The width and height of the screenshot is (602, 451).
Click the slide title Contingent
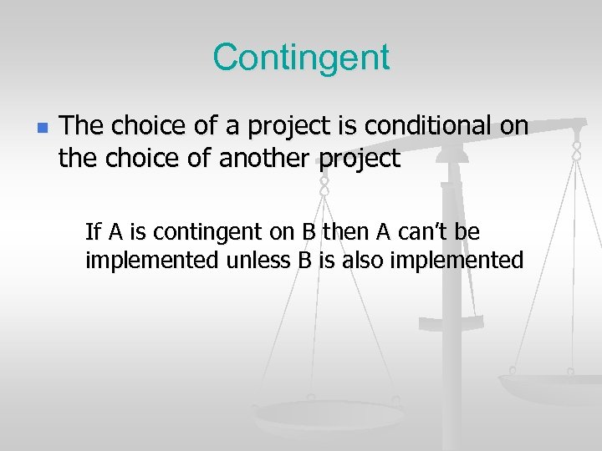[x=301, y=57]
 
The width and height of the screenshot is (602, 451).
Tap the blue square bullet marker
[x=43, y=129]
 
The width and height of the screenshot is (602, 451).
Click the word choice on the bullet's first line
[x=145, y=127]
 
